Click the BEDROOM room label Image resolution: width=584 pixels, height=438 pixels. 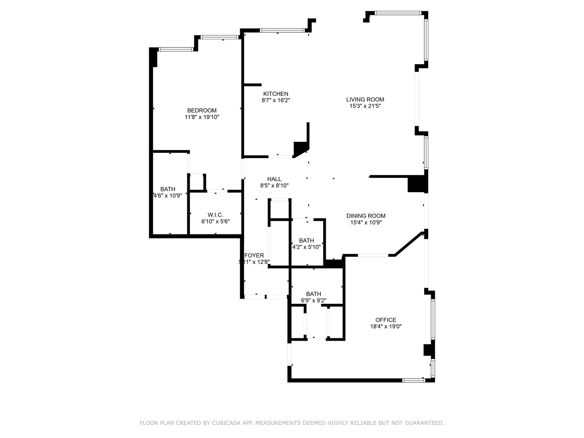(202, 110)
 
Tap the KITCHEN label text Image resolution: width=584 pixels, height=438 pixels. (276, 94)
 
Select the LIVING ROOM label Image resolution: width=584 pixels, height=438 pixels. (365, 99)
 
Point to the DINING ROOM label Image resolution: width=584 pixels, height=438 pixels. (366, 216)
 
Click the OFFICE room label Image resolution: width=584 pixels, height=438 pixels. (386, 320)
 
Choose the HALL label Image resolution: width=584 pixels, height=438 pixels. (274, 179)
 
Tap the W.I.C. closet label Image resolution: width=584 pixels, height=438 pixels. (215, 215)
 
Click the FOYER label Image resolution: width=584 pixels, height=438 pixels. (254, 255)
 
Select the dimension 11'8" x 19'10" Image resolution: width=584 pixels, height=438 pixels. (202, 117)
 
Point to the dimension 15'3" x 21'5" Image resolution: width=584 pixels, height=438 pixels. (365, 106)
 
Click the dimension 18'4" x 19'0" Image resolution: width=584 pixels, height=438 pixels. (386, 326)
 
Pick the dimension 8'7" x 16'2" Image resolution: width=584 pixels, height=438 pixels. (276, 100)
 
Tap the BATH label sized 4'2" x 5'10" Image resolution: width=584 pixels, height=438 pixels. (306, 240)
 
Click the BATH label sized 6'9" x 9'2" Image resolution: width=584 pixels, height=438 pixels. (313, 294)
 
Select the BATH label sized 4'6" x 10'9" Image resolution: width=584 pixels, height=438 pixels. (168, 189)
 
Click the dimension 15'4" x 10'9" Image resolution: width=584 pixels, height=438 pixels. (366, 222)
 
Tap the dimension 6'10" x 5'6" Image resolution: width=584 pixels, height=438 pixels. (215, 222)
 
